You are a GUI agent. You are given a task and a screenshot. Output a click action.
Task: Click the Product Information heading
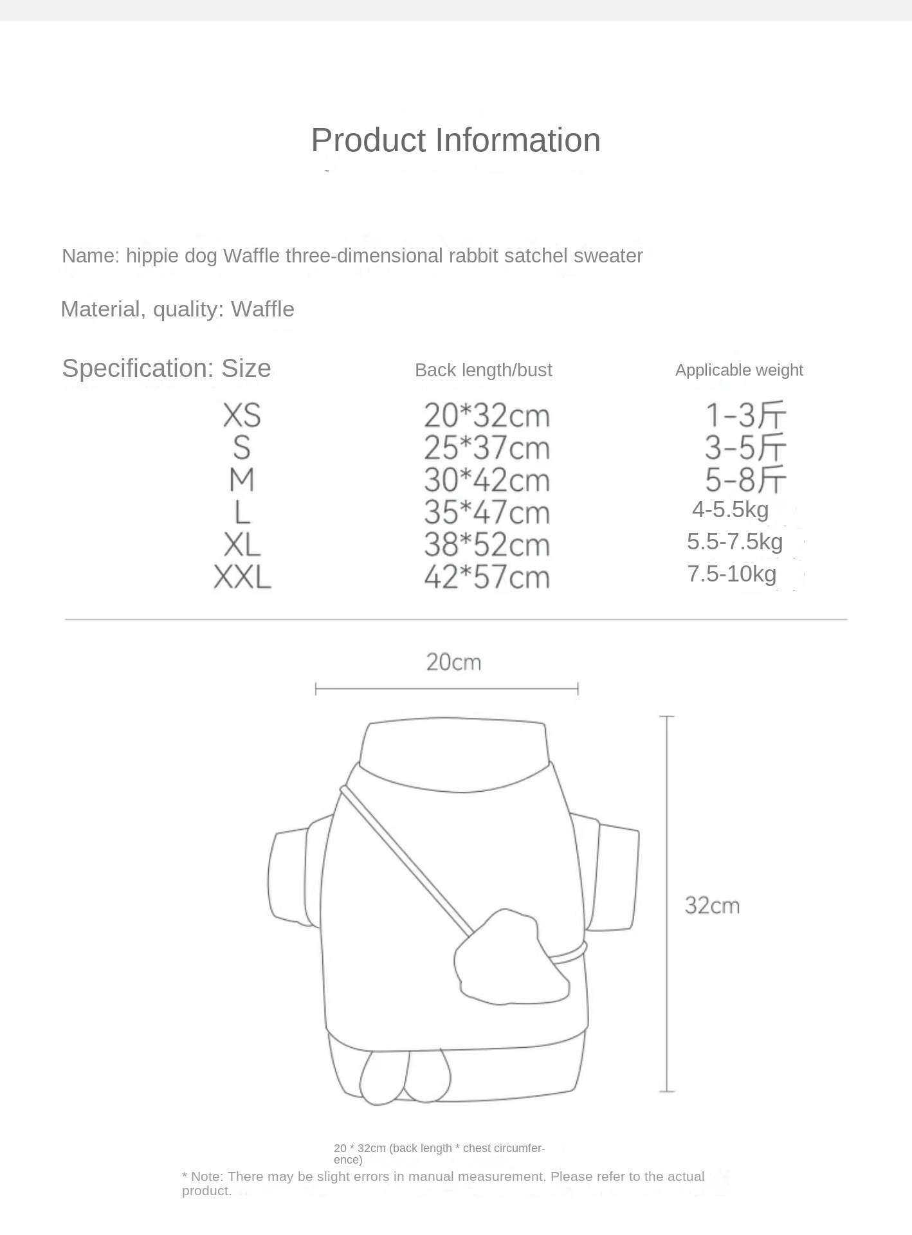[455, 140]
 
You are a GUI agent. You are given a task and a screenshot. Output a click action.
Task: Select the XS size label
[242, 416]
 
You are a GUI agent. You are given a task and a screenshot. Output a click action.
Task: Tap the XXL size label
[242, 577]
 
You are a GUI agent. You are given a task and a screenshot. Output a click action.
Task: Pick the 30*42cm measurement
[487, 480]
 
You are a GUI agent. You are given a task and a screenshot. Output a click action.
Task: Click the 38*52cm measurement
[487, 545]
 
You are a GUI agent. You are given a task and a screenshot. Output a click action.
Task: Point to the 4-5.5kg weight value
[730, 509]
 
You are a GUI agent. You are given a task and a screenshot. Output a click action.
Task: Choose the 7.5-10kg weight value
[731, 574]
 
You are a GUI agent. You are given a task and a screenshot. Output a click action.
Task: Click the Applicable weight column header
[739, 370]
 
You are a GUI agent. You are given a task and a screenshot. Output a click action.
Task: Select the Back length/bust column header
[483, 370]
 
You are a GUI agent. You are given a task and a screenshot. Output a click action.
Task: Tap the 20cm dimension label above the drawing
[453, 662]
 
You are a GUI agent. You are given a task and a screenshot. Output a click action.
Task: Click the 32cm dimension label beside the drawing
[712, 906]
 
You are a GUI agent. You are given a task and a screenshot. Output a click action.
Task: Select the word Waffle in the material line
[262, 309]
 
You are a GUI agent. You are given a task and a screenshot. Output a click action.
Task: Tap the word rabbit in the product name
[474, 256]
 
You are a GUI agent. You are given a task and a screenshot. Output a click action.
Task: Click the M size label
[242, 480]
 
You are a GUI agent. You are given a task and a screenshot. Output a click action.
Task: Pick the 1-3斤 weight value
[746, 416]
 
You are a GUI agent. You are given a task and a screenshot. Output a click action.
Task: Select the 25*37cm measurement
[487, 448]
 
